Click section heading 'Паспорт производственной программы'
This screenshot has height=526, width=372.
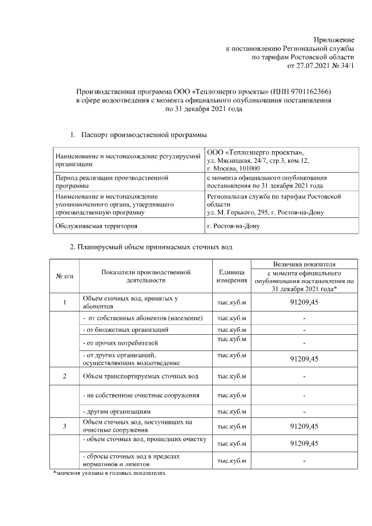(x=143, y=135)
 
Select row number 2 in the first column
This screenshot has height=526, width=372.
(x=65, y=376)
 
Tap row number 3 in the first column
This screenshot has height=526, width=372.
(x=65, y=426)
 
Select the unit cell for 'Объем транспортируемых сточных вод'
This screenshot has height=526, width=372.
(x=231, y=376)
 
